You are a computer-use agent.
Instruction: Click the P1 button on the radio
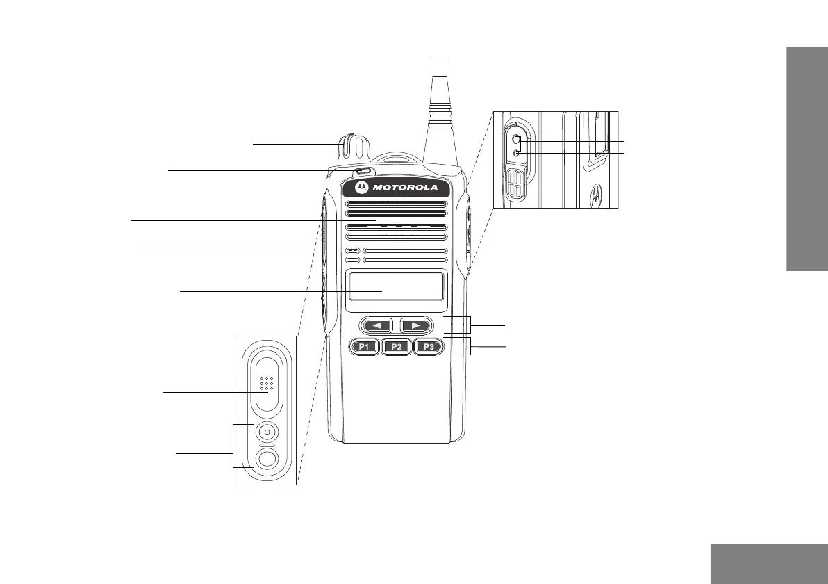pos(365,346)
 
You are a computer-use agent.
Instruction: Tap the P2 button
pos(397,346)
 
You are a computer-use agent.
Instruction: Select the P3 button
pos(429,346)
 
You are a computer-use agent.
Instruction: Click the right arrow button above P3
pos(415,325)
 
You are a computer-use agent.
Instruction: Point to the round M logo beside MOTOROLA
pos(361,188)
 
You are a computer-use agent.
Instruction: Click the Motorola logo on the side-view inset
pos(595,195)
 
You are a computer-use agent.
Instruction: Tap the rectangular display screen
pos(397,286)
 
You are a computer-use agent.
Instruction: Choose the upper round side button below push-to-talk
pos(266,432)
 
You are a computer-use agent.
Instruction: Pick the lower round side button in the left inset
pos(266,458)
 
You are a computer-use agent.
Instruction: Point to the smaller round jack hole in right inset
pos(516,153)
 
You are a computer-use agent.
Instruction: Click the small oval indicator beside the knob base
pos(363,171)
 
